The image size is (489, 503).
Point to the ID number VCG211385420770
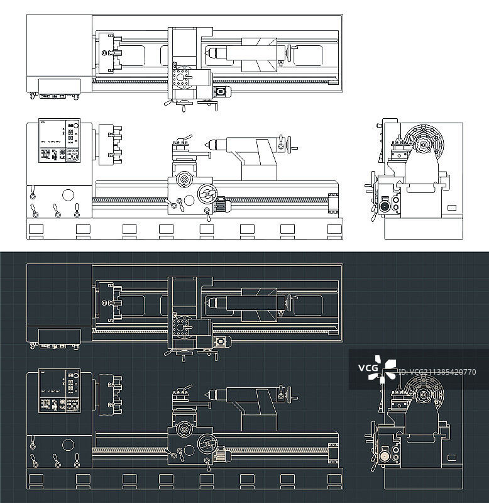tap(437, 372)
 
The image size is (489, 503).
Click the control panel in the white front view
tap(59, 140)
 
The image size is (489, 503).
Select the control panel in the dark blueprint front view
tap(59, 390)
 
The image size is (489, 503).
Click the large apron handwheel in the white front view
tap(207, 194)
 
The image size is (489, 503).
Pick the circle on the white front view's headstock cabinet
tap(68, 195)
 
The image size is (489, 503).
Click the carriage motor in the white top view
tap(222, 91)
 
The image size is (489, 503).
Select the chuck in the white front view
tap(109, 145)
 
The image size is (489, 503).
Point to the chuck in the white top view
tap(109, 53)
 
